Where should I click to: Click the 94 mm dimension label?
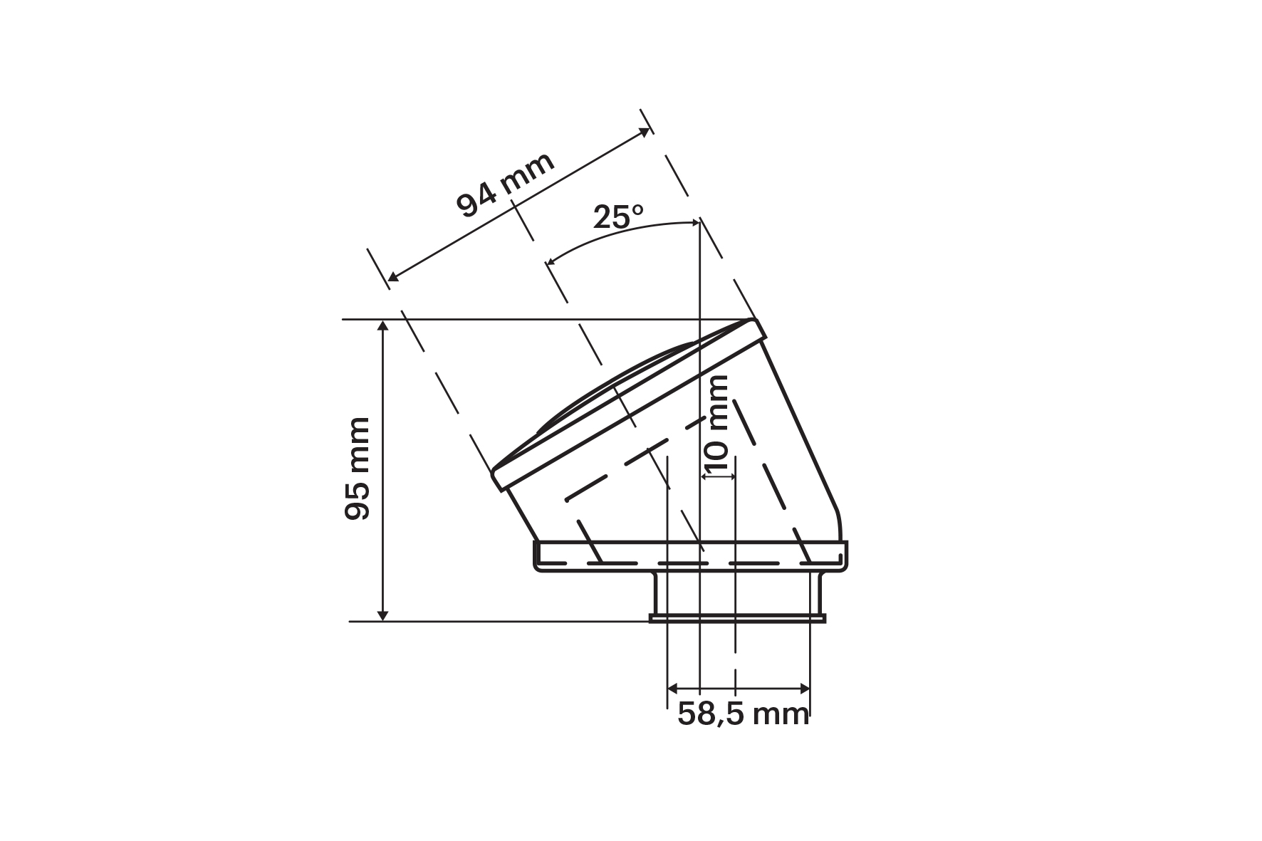click(x=506, y=185)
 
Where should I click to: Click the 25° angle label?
click(x=618, y=216)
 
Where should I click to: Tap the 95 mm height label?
click(x=358, y=469)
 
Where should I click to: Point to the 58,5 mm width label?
click(x=744, y=714)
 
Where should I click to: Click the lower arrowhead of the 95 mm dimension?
click(x=383, y=614)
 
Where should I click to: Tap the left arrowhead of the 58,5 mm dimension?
click(x=674, y=688)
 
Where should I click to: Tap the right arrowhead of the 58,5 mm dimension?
click(x=804, y=688)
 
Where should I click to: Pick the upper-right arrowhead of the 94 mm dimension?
click(x=645, y=132)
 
